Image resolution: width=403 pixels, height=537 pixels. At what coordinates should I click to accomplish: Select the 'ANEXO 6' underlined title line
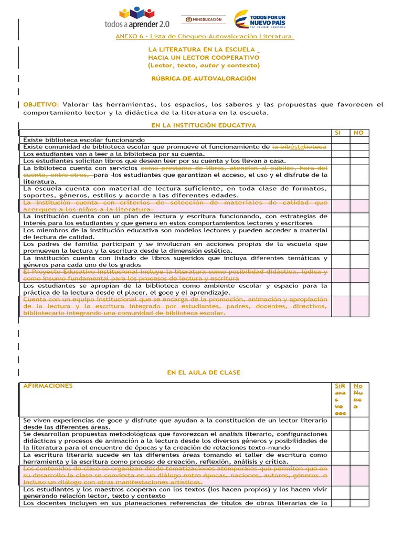(204, 36)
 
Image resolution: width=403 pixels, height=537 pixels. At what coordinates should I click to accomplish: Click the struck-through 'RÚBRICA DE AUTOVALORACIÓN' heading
(204, 79)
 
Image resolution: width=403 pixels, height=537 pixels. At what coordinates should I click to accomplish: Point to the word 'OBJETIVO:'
(41, 105)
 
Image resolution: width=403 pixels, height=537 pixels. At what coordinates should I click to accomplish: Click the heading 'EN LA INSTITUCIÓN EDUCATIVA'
(204, 125)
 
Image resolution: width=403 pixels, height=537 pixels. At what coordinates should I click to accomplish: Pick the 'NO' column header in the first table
(359, 133)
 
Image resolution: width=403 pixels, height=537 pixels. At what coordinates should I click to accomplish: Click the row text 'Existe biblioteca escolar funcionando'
(84, 140)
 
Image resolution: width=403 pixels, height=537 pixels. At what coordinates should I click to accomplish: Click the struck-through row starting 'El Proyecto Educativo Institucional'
(175, 275)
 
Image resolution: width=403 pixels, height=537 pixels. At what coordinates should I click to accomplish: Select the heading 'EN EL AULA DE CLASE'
(204, 372)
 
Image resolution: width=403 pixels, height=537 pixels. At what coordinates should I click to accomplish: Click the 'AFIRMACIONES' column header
(48, 386)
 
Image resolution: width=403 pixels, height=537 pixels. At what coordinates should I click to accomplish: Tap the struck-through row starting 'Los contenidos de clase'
(175, 475)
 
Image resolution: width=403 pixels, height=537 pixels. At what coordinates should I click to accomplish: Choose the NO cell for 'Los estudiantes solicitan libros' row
(359, 160)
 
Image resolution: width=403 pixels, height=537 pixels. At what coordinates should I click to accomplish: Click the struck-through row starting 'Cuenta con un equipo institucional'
(175, 306)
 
